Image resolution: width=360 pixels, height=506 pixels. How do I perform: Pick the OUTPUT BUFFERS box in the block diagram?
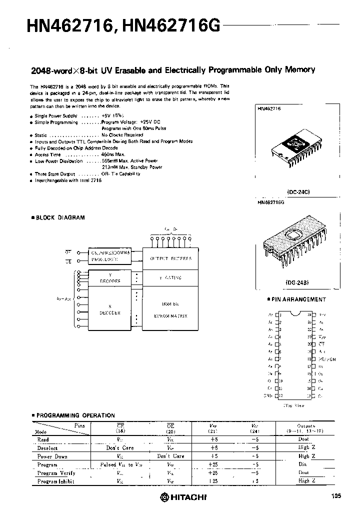(x=170, y=258)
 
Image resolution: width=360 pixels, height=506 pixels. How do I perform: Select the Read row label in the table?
(x=43, y=439)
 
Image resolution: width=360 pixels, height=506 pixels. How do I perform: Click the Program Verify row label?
(x=56, y=472)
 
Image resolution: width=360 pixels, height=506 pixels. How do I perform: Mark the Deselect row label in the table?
(x=47, y=448)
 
